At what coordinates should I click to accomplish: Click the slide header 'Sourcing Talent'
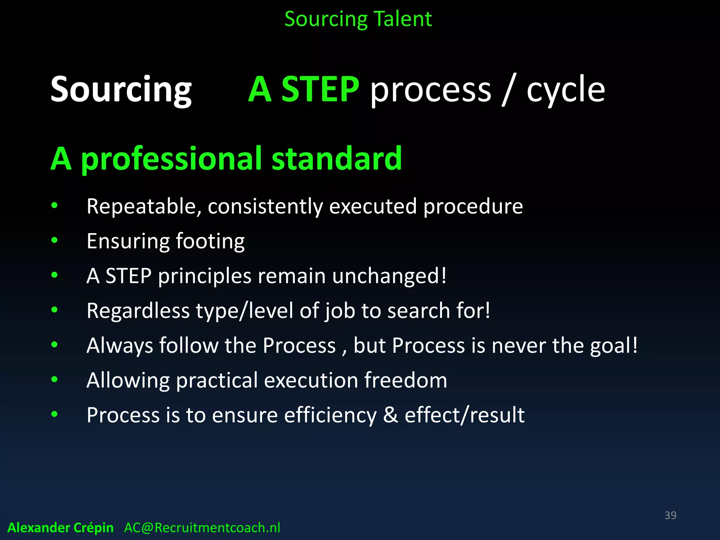(358, 19)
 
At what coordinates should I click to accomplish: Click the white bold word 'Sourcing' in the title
(121, 90)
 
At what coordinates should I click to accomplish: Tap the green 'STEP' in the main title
(320, 90)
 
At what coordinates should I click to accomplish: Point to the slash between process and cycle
(508, 90)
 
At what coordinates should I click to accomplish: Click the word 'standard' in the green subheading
(336, 159)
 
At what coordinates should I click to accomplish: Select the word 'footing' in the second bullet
(210, 242)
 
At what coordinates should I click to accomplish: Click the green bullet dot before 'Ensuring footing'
(54, 240)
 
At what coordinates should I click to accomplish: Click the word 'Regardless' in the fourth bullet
(138, 311)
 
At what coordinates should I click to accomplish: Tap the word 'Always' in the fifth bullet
(120, 346)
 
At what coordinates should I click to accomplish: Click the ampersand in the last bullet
(390, 415)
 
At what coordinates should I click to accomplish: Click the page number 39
(670, 515)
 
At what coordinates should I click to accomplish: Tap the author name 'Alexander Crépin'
(60, 528)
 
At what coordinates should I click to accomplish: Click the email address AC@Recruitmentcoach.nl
(202, 528)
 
